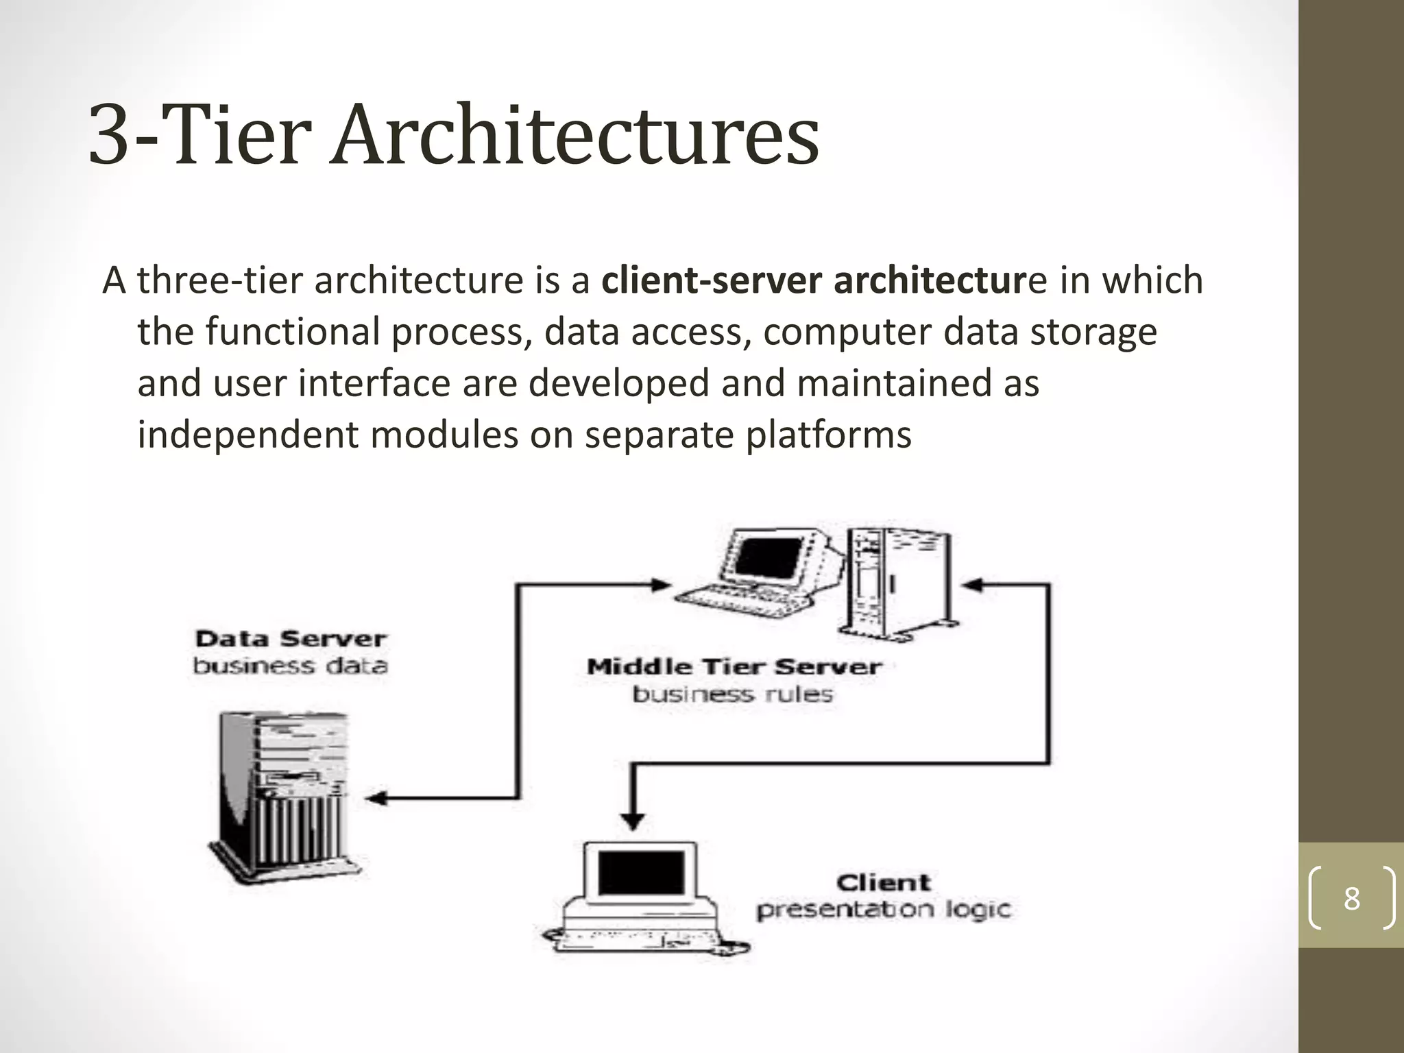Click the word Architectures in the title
tap(574, 134)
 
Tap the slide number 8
tap(1351, 898)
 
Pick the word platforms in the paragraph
tap(828, 435)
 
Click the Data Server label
tap(291, 639)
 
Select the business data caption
tap(291, 666)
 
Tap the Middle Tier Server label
tap(734, 666)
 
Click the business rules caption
tap(732, 694)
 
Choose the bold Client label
tap(884, 882)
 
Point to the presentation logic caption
tap(884, 910)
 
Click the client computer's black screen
tap(641, 873)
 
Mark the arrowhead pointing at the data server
tap(376, 798)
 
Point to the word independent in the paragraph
tap(247, 435)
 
